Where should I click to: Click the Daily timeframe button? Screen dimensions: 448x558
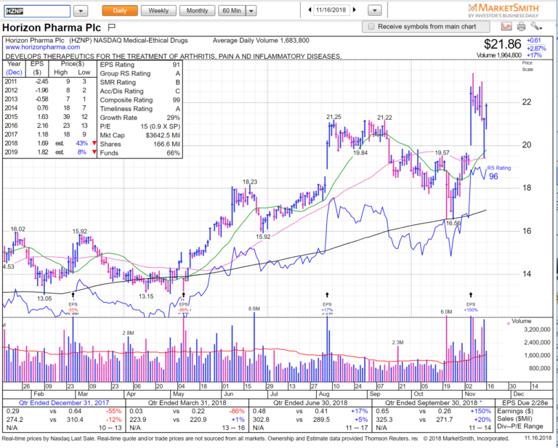(x=119, y=11)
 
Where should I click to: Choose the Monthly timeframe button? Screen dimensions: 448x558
(x=196, y=11)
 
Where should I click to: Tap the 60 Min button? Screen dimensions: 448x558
(x=232, y=11)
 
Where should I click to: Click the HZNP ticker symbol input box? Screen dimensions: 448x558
(x=36, y=11)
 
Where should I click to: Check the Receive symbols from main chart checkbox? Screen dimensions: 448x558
(x=372, y=26)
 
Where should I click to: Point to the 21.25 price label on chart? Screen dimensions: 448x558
(x=333, y=117)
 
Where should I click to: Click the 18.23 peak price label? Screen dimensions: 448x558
(x=250, y=182)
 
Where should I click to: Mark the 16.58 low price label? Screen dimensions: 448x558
(x=454, y=223)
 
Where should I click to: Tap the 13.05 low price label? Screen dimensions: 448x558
(x=44, y=298)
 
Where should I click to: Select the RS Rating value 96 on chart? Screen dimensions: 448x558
(x=494, y=176)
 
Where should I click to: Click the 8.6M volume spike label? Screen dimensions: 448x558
(x=254, y=310)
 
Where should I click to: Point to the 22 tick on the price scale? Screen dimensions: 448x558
(x=526, y=102)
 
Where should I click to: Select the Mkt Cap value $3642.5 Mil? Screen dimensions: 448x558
(x=166, y=135)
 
